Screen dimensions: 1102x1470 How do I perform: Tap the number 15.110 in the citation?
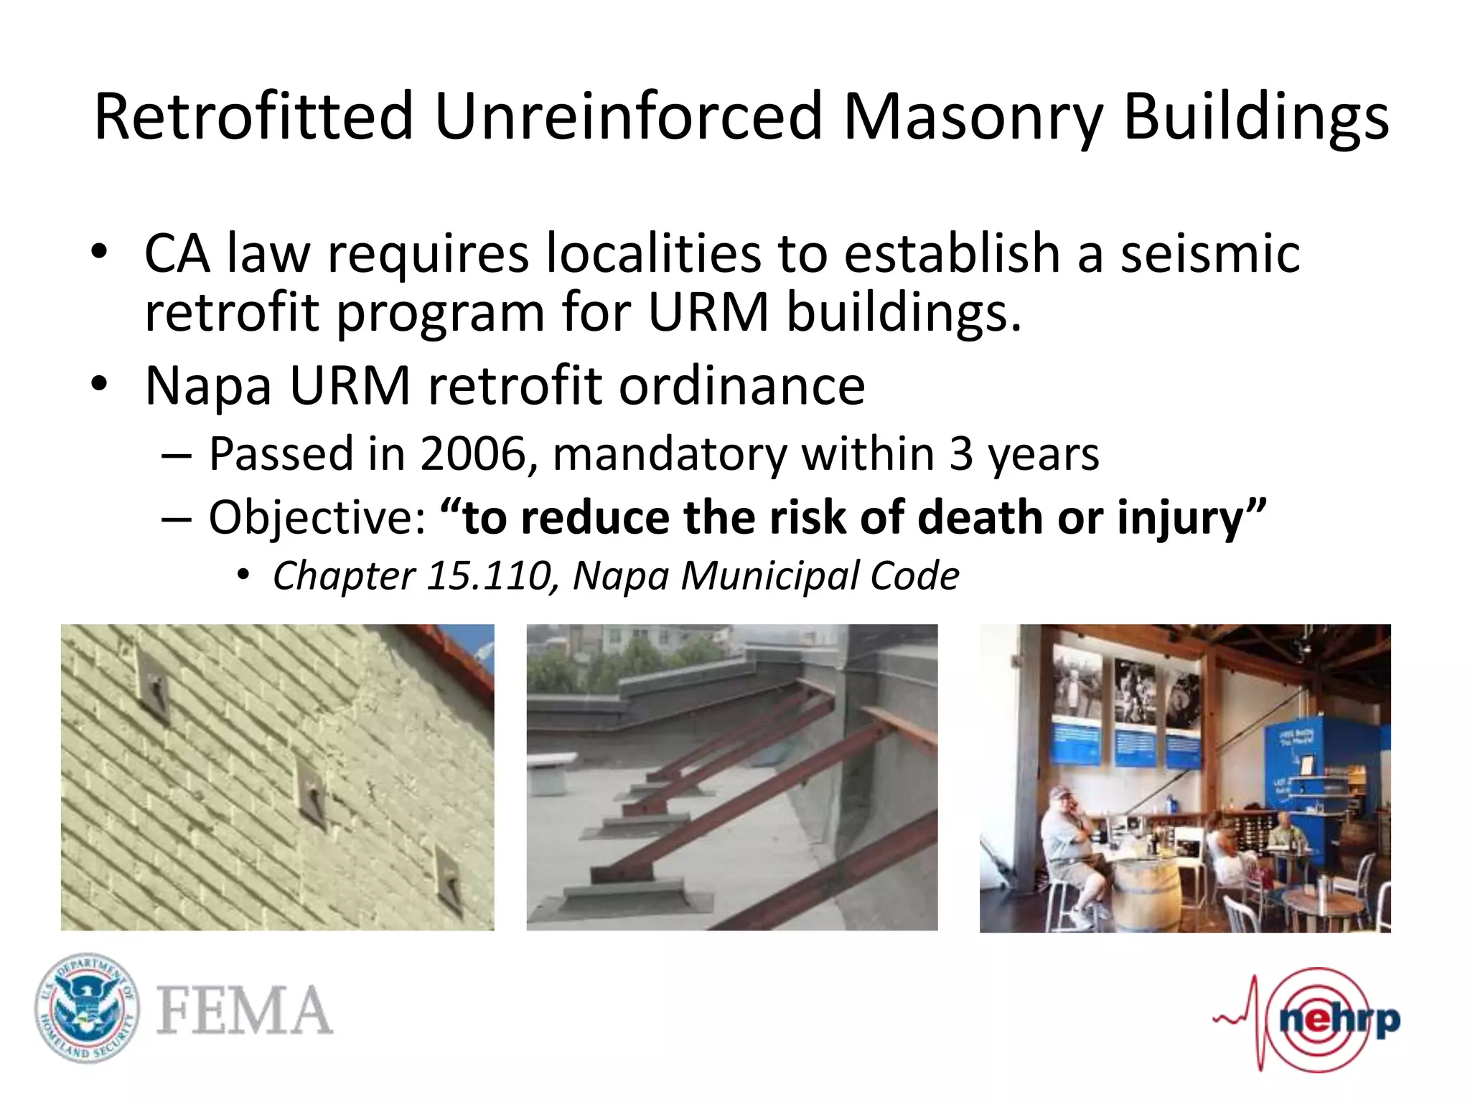489,576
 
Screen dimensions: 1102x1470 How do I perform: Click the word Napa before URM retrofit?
208,387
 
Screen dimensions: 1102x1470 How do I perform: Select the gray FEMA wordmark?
244,1011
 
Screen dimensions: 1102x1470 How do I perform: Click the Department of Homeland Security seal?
87,1008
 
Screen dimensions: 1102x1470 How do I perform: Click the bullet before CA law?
99,253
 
